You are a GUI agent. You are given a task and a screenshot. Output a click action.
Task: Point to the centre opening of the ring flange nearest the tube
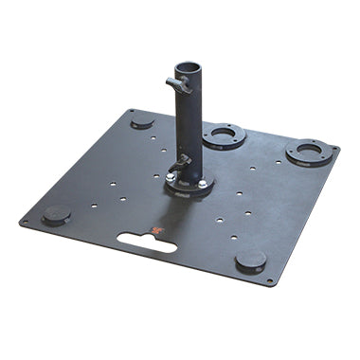[x=225, y=134]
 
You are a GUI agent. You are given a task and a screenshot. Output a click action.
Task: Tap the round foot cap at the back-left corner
[x=142, y=121]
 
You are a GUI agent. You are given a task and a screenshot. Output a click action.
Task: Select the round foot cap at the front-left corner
[x=56, y=215]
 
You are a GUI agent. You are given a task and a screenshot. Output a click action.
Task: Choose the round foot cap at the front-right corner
[x=250, y=261]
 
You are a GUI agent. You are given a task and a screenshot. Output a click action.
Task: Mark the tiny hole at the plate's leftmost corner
[x=24, y=224]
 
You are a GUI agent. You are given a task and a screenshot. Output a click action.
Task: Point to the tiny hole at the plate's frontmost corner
[x=269, y=281]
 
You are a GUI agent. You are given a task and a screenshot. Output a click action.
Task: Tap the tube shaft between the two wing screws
[x=189, y=123]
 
